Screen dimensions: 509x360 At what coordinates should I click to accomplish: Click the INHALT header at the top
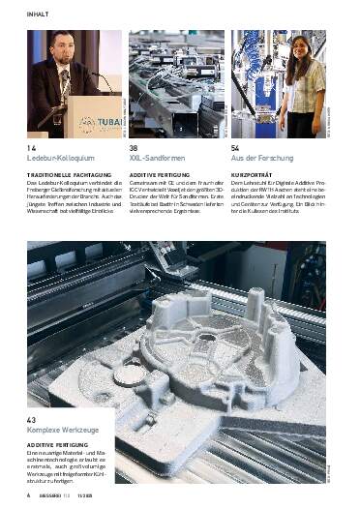(39, 14)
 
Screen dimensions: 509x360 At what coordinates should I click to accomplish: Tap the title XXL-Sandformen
(157, 159)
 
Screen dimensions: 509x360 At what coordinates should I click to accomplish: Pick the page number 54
(235, 148)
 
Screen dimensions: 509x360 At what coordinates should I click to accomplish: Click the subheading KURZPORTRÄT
(254, 172)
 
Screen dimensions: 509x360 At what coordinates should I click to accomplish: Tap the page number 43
(32, 420)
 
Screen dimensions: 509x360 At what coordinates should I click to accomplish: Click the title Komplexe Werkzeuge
(64, 431)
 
